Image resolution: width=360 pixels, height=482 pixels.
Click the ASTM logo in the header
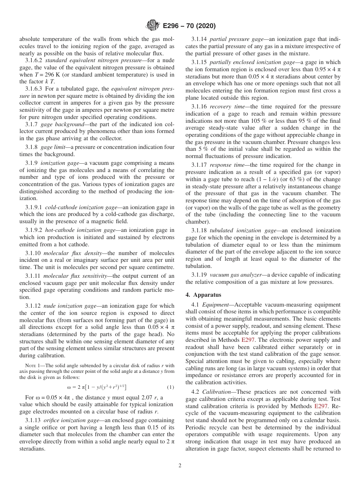click(153, 26)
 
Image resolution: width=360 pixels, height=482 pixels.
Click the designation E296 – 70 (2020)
click(189, 26)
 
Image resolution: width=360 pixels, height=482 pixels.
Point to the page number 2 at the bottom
click(180, 466)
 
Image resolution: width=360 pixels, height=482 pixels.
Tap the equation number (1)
click(171, 387)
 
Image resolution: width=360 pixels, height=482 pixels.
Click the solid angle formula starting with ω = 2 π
click(97, 387)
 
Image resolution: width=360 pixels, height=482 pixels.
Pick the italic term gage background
click(57, 124)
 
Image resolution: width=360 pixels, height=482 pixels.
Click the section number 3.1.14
click(199, 39)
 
